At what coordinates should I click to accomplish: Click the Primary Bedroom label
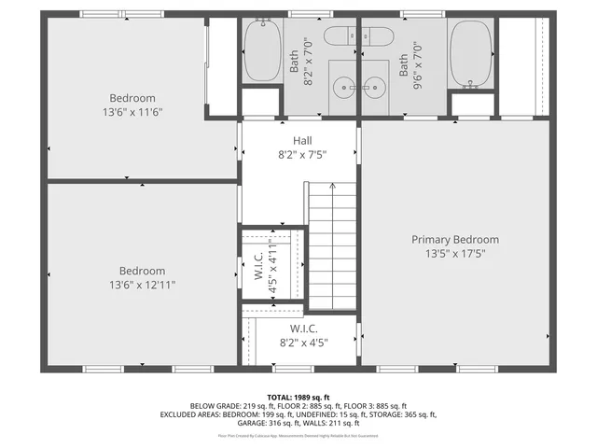[455, 239]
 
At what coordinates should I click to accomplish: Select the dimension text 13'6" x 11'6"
[132, 111]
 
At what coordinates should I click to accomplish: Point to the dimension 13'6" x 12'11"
[142, 285]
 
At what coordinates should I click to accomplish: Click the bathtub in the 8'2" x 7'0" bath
[261, 51]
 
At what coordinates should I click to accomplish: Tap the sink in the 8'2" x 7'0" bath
[344, 87]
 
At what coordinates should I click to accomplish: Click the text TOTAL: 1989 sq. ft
[298, 397]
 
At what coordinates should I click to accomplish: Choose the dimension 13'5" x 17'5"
[455, 253]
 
